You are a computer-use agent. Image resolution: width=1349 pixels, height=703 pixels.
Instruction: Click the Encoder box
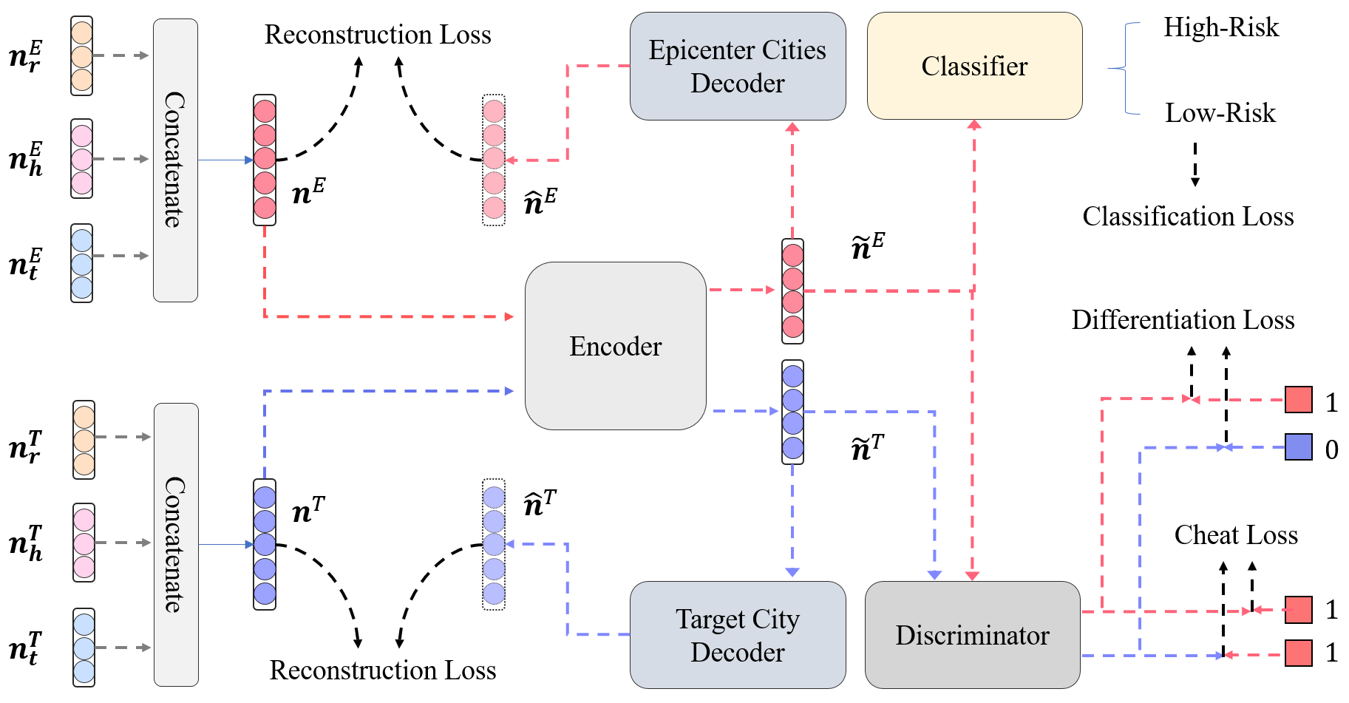(x=615, y=346)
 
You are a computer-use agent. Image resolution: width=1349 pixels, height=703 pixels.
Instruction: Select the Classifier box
(x=974, y=66)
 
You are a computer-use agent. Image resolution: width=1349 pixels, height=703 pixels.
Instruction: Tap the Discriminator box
(x=972, y=635)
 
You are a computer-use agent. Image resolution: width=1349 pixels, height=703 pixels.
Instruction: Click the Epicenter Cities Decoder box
(x=737, y=66)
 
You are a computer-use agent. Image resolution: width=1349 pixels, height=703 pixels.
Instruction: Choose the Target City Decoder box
(x=737, y=635)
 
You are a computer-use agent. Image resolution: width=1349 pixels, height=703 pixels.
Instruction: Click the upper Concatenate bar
(x=175, y=160)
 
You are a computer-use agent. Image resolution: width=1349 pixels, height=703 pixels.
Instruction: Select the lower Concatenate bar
(x=176, y=544)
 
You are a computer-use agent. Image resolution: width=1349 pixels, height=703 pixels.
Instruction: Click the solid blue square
(x=1298, y=446)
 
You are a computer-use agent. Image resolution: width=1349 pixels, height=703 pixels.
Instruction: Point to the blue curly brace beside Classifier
(x=1127, y=68)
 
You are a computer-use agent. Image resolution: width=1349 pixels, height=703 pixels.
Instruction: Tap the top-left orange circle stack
(x=82, y=56)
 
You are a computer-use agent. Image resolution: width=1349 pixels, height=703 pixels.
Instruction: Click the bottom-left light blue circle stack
(x=84, y=648)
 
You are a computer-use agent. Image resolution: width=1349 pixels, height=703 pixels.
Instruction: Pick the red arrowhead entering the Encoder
(x=509, y=316)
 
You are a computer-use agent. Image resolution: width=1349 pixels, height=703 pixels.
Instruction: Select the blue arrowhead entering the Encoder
(x=509, y=391)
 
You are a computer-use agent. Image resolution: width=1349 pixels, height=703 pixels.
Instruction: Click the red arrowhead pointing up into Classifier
(x=974, y=125)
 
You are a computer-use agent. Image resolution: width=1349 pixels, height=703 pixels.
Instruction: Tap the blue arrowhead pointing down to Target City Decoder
(x=792, y=572)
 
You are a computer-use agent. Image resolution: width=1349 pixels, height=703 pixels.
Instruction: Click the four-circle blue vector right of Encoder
(x=792, y=412)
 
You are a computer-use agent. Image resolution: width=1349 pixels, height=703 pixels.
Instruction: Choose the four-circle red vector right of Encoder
(x=792, y=291)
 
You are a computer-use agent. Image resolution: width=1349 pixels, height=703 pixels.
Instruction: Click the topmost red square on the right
(x=1298, y=399)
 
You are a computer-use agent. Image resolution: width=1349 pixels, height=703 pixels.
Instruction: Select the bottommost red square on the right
(x=1298, y=653)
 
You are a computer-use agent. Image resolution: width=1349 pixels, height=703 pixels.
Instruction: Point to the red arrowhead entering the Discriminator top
(x=972, y=575)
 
